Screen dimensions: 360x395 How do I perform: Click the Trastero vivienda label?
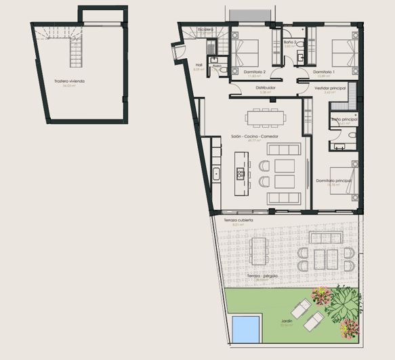pos(69,81)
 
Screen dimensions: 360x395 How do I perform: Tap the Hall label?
pos(199,66)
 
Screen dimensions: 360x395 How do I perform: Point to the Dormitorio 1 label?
pos(325,72)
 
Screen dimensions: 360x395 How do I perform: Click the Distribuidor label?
pos(265,88)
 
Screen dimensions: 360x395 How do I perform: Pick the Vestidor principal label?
pos(331,88)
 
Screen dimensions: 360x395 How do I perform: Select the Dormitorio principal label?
pos(333,180)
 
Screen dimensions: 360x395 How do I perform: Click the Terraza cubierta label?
pos(238,220)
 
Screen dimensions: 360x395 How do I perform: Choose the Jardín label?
pos(287,322)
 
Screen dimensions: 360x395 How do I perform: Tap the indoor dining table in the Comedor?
pos(265,118)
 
